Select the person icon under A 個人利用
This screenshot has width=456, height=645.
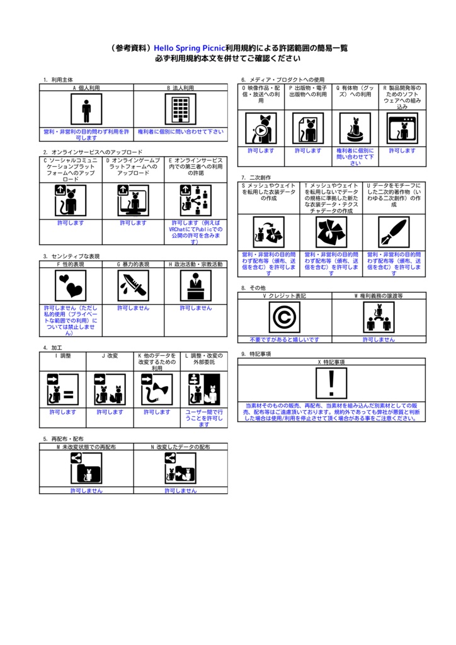tap(86, 110)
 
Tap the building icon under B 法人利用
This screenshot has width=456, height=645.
tap(180, 110)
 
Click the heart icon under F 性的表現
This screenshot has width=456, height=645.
tap(71, 286)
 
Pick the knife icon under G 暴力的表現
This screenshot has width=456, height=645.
tap(134, 286)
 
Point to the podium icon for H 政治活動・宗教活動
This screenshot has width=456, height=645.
tap(196, 286)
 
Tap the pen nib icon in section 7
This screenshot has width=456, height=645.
tap(394, 232)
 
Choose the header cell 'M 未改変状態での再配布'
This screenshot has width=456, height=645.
tap(86, 447)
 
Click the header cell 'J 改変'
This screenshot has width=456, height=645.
tap(110, 356)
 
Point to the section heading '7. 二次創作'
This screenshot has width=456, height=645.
tap(256, 178)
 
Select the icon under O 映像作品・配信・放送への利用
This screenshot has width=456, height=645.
tap(261, 128)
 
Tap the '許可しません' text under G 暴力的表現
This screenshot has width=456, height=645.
tap(134, 308)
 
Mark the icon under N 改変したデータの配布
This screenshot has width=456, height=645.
tap(180, 468)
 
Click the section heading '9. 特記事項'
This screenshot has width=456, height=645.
tap(256, 354)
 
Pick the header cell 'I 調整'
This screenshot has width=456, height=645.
tap(63, 356)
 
